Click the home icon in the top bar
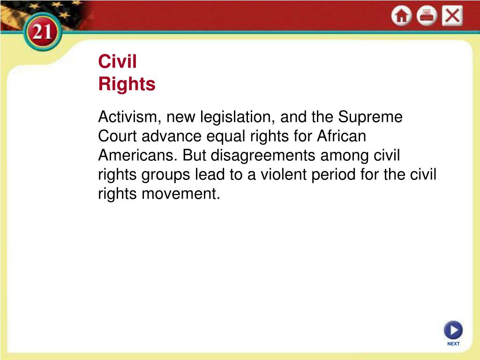coord(401,16)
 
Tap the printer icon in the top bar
coord(427,16)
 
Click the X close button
coord(452,16)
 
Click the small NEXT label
coord(453,344)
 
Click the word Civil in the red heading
coord(117,62)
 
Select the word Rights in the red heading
coord(127,84)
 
